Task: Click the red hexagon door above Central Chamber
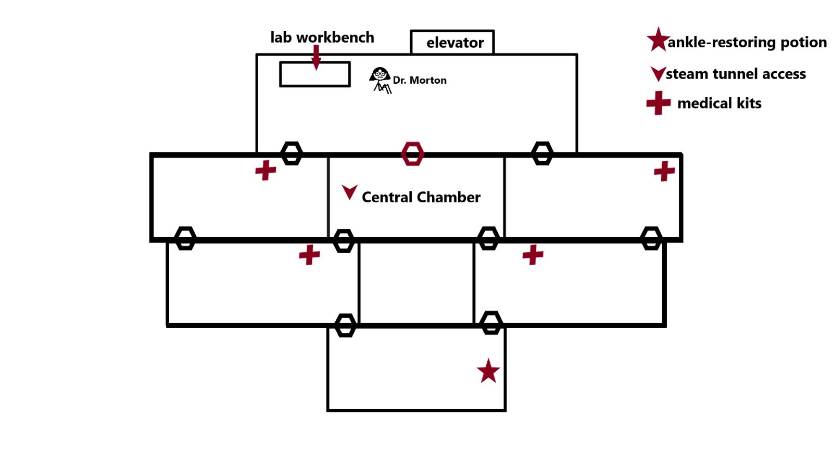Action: click(x=412, y=154)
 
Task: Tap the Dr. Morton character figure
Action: click(x=381, y=80)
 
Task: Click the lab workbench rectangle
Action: click(x=314, y=74)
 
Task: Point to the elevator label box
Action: click(x=452, y=42)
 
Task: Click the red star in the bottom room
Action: click(x=488, y=371)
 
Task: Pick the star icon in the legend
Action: click(x=658, y=40)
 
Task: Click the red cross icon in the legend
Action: click(x=658, y=103)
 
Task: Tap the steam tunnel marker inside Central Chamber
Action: click(x=349, y=192)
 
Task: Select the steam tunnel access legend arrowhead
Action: click(x=658, y=73)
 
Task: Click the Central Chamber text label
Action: click(x=421, y=197)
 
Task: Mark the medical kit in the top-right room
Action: click(x=664, y=171)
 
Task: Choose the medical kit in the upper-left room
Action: click(x=266, y=170)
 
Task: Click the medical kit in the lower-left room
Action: click(x=309, y=255)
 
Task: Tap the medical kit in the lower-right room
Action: click(x=533, y=255)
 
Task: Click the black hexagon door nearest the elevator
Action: click(x=542, y=153)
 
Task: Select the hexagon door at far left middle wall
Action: click(x=185, y=238)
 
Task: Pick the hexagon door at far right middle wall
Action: click(x=651, y=238)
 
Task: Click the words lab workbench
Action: click(x=322, y=37)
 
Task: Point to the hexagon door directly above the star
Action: click(x=490, y=323)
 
